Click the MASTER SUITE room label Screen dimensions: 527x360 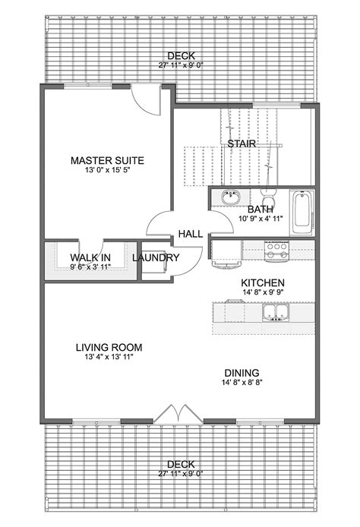pyautogui.click(x=107, y=160)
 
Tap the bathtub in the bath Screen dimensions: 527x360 pyautogui.click(x=301, y=213)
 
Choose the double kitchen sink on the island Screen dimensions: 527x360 pyautogui.click(x=273, y=311)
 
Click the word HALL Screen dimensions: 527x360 pyautogui.click(x=190, y=234)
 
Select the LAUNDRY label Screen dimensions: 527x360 pyautogui.click(x=156, y=258)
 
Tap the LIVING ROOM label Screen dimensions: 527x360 pyautogui.click(x=109, y=348)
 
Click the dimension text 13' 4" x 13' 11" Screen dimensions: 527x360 pyautogui.click(x=109, y=359)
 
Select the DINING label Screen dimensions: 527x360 pyautogui.click(x=242, y=373)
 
